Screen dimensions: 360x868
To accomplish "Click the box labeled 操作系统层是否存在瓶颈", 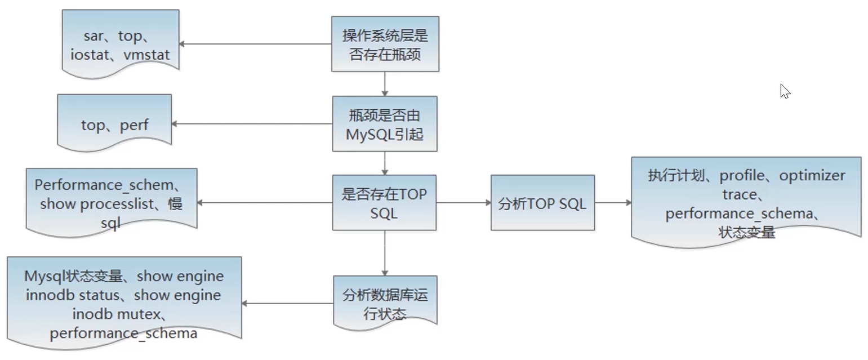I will pos(385,44).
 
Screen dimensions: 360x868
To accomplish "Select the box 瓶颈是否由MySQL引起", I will pos(385,123).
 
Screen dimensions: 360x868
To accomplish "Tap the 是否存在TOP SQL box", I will pos(384,203).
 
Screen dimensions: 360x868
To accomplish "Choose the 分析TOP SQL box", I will pos(542,203).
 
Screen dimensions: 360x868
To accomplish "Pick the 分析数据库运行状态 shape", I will pos(385,302).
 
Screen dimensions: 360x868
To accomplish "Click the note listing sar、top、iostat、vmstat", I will pos(121,45).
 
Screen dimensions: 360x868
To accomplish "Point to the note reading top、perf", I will pos(114,124).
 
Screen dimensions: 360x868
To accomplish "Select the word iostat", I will pos(91,55).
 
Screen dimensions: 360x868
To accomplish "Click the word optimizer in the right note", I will pos(812,175).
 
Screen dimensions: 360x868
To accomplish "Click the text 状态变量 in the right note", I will pos(747,232).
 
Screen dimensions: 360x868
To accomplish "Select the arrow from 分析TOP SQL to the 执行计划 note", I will pos(613,203).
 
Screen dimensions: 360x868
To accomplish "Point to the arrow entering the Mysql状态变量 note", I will pos(287,303).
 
